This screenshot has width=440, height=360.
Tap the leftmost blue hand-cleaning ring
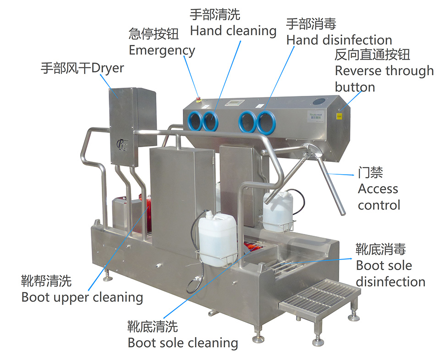pyautogui.click(x=195, y=121)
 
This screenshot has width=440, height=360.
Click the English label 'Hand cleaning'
pyautogui.click(x=233, y=31)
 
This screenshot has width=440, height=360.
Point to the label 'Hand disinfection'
pyautogui.click(x=339, y=40)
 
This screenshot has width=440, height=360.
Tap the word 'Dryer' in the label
pyautogui.click(x=108, y=68)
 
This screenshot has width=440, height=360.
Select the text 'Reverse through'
pyautogui.click(x=384, y=71)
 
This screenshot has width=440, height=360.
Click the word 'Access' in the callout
pyautogui.click(x=378, y=188)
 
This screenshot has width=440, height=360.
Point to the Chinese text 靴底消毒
pyautogui.click(x=381, y=249)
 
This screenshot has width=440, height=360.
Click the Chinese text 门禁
pyautogui.click(x=370, y=173)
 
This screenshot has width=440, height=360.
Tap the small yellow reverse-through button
pyautogui.click(x=340, y=116)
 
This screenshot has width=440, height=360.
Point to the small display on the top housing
pyautogui.click(x=238, y=102)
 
